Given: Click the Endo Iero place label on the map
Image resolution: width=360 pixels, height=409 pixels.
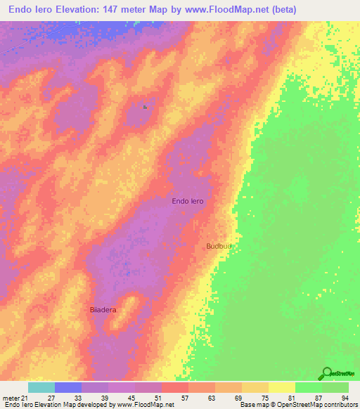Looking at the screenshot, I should (188, 201).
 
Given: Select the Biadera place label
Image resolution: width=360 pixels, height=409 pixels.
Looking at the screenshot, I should (103, 309).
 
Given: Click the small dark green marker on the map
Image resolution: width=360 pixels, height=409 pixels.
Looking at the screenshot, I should (145, 107).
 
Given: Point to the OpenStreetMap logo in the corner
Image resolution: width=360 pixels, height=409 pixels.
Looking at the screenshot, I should (338, 374).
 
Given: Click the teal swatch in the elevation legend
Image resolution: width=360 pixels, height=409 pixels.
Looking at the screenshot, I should (41, 387).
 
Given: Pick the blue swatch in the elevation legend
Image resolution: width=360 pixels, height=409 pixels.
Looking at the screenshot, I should (68, 387).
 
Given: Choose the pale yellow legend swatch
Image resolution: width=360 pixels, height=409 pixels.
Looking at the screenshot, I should (281, 387).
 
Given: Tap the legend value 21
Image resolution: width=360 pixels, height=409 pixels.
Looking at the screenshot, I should (25, 398).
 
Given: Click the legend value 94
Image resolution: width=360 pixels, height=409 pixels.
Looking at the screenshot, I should (345, 398).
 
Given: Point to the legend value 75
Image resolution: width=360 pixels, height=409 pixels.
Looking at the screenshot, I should (264, 398).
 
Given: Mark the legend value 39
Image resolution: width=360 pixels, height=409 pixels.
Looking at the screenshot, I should (104, 398).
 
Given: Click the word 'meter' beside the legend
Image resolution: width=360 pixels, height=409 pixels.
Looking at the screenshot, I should (11, 398).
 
